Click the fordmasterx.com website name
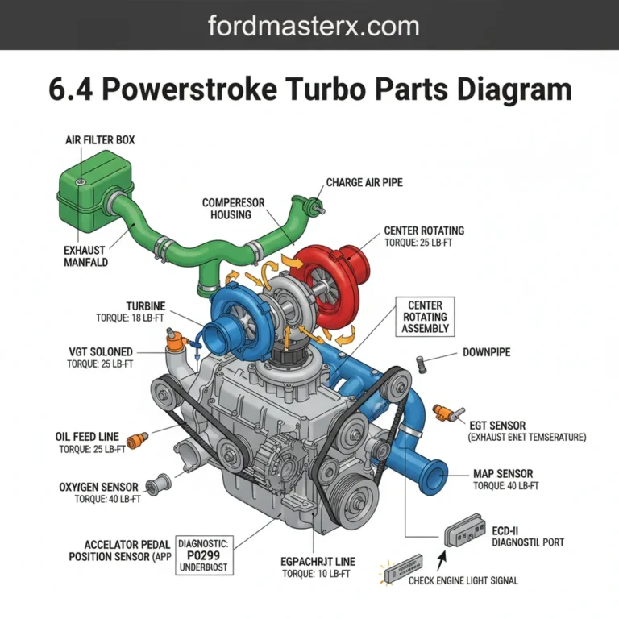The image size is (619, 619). [x=314, y=26]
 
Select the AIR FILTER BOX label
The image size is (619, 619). [x=100, y=140]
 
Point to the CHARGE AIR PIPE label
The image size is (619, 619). [x=364, y=183]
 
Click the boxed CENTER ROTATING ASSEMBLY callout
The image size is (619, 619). [x=426, y=317]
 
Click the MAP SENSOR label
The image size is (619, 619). [x=502, y=474]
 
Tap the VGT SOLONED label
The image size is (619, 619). [x=101, y=352]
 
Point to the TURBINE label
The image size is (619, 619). [x=146, y=305]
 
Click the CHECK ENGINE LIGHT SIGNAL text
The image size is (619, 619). [x=463, y=580]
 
